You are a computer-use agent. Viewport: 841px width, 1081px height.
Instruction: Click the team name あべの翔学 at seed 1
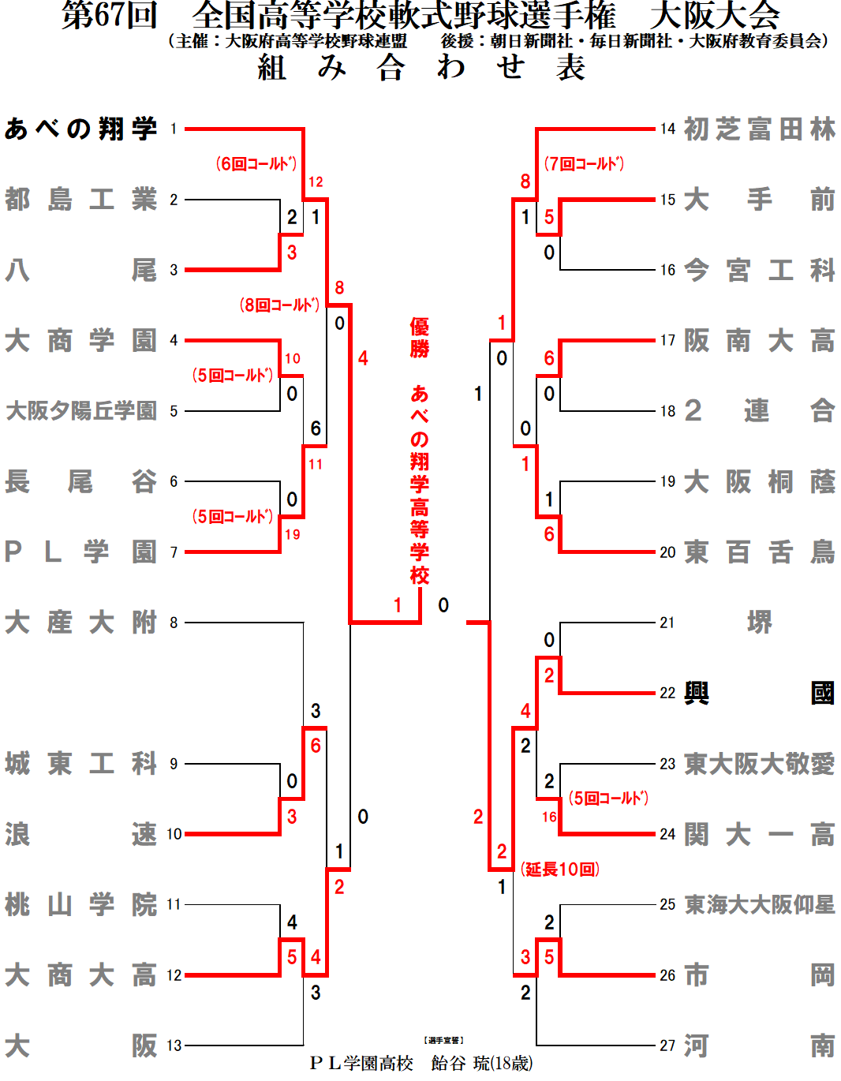pos(80,129)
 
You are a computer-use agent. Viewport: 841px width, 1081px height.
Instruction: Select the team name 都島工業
pos(80,200)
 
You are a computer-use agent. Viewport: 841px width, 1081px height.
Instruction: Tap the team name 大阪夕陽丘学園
pos(80,411)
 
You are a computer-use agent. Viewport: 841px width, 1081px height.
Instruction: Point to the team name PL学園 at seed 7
pos(80,552)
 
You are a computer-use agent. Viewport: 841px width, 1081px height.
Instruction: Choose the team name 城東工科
pos(80,764)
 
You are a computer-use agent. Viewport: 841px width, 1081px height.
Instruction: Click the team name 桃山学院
pos(80,904)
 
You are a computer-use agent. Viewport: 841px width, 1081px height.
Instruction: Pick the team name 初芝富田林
pos(759,129)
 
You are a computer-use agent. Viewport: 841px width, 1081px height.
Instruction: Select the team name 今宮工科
pos(759,270)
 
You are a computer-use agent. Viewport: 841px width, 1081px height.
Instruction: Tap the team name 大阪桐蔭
pos(759,481)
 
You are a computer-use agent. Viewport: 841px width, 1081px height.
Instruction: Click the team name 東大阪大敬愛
pos(759,764)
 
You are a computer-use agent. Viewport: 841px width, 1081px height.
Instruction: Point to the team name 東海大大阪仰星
pos(759,904)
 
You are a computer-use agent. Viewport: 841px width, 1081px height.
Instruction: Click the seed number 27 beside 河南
pos(667,1045)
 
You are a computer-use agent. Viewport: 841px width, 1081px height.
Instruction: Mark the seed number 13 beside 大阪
pos(174,1045)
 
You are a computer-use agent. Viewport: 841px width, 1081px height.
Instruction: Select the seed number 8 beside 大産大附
pos(174,623)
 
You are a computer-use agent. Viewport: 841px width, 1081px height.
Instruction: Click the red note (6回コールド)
pos(256,164)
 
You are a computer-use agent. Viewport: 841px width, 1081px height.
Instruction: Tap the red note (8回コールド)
pos(279,305)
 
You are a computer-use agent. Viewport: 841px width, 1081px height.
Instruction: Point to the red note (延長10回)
pos(560,870)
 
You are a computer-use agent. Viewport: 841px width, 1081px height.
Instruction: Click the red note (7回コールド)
pos(584,164)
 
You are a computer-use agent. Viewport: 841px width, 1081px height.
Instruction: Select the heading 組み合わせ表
pos(420,68)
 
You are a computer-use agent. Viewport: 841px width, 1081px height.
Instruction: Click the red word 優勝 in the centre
pos(420,338)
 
